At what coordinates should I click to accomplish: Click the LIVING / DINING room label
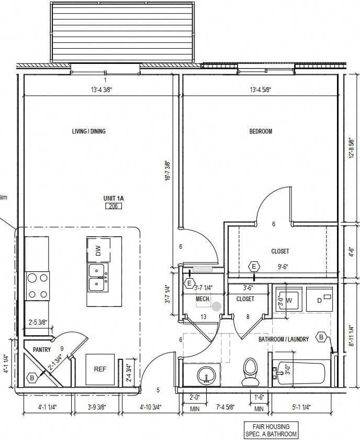click(88, 131)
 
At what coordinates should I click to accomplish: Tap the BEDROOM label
click(261, 131)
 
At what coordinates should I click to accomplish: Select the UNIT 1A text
click(113, 198)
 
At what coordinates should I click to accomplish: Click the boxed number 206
click(113, 206)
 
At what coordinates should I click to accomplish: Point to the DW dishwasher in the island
click(98, 250)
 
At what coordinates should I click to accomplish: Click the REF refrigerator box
click(100, 369)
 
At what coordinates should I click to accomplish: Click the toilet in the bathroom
click(251, 371)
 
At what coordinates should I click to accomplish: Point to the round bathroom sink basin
click(207, 375)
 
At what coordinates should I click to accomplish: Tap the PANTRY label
click(41, 349)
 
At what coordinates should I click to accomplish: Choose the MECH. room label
click(203, 299)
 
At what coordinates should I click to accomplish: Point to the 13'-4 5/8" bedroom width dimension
click(260, 90)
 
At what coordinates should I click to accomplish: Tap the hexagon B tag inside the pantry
click(32, 377)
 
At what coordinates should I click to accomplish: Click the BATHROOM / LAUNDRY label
click(284, 339)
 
